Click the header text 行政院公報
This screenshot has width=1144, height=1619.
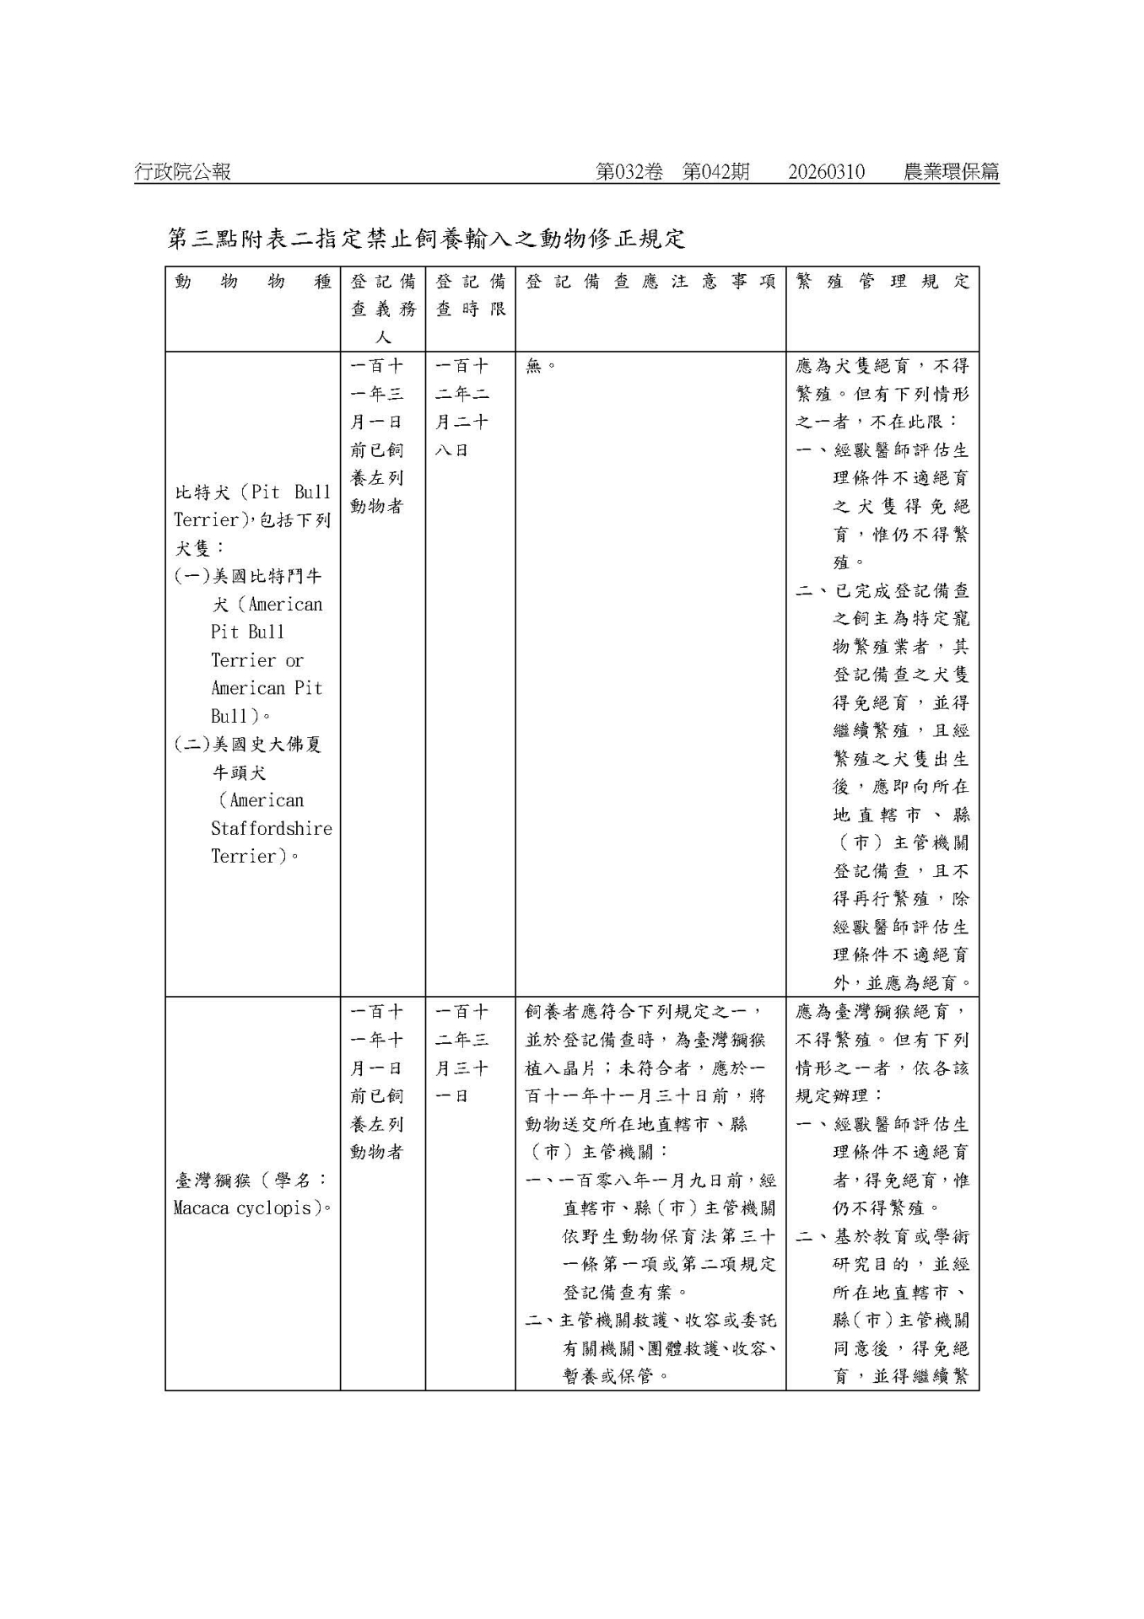point(182,172)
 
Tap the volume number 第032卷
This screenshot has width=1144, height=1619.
point(629,172)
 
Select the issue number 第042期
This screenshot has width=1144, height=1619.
point(715,172)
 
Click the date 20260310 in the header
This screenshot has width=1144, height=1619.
point(826,172)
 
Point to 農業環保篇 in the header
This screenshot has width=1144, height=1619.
point(951,172)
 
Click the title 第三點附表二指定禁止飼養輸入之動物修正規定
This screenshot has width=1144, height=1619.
point(426,239)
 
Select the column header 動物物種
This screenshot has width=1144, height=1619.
point(252,282)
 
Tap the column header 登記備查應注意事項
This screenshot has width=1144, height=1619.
point(650,282)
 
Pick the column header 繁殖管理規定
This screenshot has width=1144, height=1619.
point(882,282)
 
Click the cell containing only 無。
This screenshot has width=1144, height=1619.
point(540,367)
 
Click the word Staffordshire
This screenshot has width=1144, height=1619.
point(271,829)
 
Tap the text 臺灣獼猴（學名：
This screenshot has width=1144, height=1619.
point(251,1181)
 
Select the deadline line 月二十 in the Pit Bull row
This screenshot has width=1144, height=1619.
point(461,422)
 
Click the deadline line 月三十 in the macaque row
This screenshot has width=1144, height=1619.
point(461,1068)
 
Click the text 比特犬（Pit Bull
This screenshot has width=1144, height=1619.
point(252,492)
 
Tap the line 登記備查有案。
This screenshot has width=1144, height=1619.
point(625,1292)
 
